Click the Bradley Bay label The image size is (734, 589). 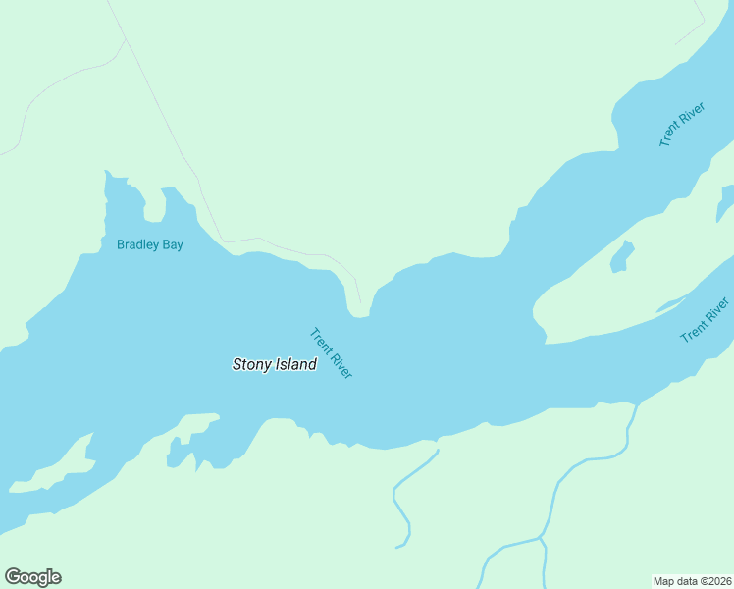pos(149,244)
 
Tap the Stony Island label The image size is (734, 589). pos(274,364)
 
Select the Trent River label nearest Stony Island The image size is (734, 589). pos(331,353)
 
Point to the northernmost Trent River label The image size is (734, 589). pos(682,125)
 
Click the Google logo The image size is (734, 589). pos(32,577)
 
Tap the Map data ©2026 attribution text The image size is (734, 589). pos(692,581)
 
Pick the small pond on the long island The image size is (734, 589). pos(621,257)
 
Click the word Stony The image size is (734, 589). pos(250,364)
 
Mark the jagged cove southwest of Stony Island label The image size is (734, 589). pos(186,447)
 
